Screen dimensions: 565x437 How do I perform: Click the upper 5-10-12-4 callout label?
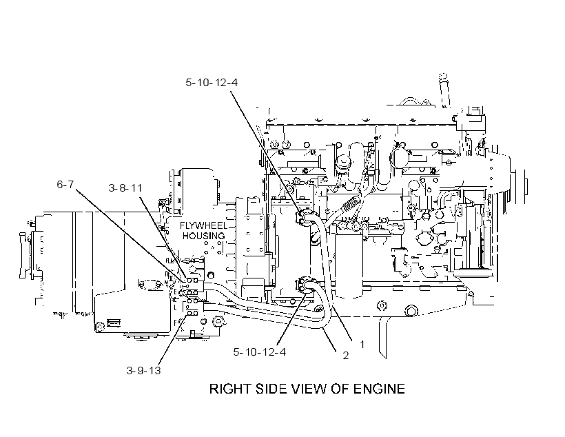click(212, 83)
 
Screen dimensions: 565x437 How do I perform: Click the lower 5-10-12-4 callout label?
click(260, 352)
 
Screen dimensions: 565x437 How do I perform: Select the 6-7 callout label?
click(65, 185)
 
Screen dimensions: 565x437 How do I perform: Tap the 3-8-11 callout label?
click(125, 188)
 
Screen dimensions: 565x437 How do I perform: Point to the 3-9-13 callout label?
click(143, 370)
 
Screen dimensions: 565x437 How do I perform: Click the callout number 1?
click(362, 345)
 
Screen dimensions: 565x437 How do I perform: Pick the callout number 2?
click(346, 356)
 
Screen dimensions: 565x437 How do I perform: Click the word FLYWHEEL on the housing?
click(204, 226)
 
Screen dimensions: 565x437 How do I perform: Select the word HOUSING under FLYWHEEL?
click(203, 236)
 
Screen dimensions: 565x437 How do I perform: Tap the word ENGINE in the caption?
click(379, 389)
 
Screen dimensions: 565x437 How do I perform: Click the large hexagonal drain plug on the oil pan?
click(410, 309)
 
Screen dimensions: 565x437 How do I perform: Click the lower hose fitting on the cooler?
click(305, 285)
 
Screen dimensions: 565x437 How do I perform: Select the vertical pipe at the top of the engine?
click(444, 90)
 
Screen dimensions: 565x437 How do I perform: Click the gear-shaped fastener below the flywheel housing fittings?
click(217, 321)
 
